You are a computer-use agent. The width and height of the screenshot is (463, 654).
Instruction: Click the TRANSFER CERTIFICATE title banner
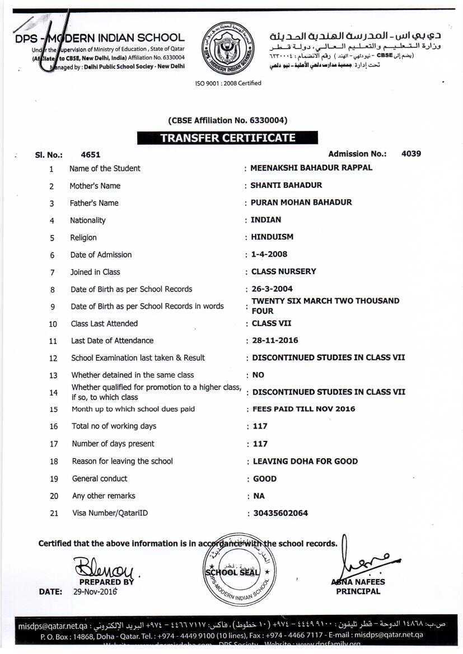pyautogui.click(x=227, y=138)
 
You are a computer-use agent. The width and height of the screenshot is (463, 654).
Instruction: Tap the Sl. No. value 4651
pyautogui.click(x=91, y=155)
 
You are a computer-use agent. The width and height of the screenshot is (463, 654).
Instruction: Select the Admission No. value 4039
pyautogui.click(x=411, y=153)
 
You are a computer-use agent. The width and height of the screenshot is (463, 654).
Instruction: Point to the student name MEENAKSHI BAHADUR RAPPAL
pyautogui.click(x=311, y=168)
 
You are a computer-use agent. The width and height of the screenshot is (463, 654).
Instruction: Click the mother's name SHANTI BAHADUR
pyautogui.click(x=286, y=185)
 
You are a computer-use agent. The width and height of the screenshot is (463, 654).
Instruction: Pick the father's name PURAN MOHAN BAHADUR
pyautogui.click(x=301, y=203)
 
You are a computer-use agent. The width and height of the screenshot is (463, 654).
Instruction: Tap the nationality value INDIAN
pyautogui.click(x=266, y=220)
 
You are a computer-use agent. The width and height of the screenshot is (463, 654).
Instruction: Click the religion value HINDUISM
pyautogui.click(x=272, y=237)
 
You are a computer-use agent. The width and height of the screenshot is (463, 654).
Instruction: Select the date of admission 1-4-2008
pyautogui.click(x=269, y=254)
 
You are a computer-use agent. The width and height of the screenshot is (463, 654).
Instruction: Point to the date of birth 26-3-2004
pyautogui.click(x=272, y=289)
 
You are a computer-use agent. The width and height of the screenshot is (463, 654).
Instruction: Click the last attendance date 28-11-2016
pyautogui.click(x=275, y=340)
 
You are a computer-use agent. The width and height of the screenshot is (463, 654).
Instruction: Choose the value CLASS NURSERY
pyautogui.click(x=284, y=271)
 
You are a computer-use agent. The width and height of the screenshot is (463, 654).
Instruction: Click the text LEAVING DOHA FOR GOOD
pyautogui.click(x=305, y=462)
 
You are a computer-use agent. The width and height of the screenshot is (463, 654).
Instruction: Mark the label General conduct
pyautogui.click(x=100, y=479)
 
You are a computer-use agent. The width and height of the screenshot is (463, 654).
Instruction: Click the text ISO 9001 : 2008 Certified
pyautogui.click(x=228, y=83)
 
